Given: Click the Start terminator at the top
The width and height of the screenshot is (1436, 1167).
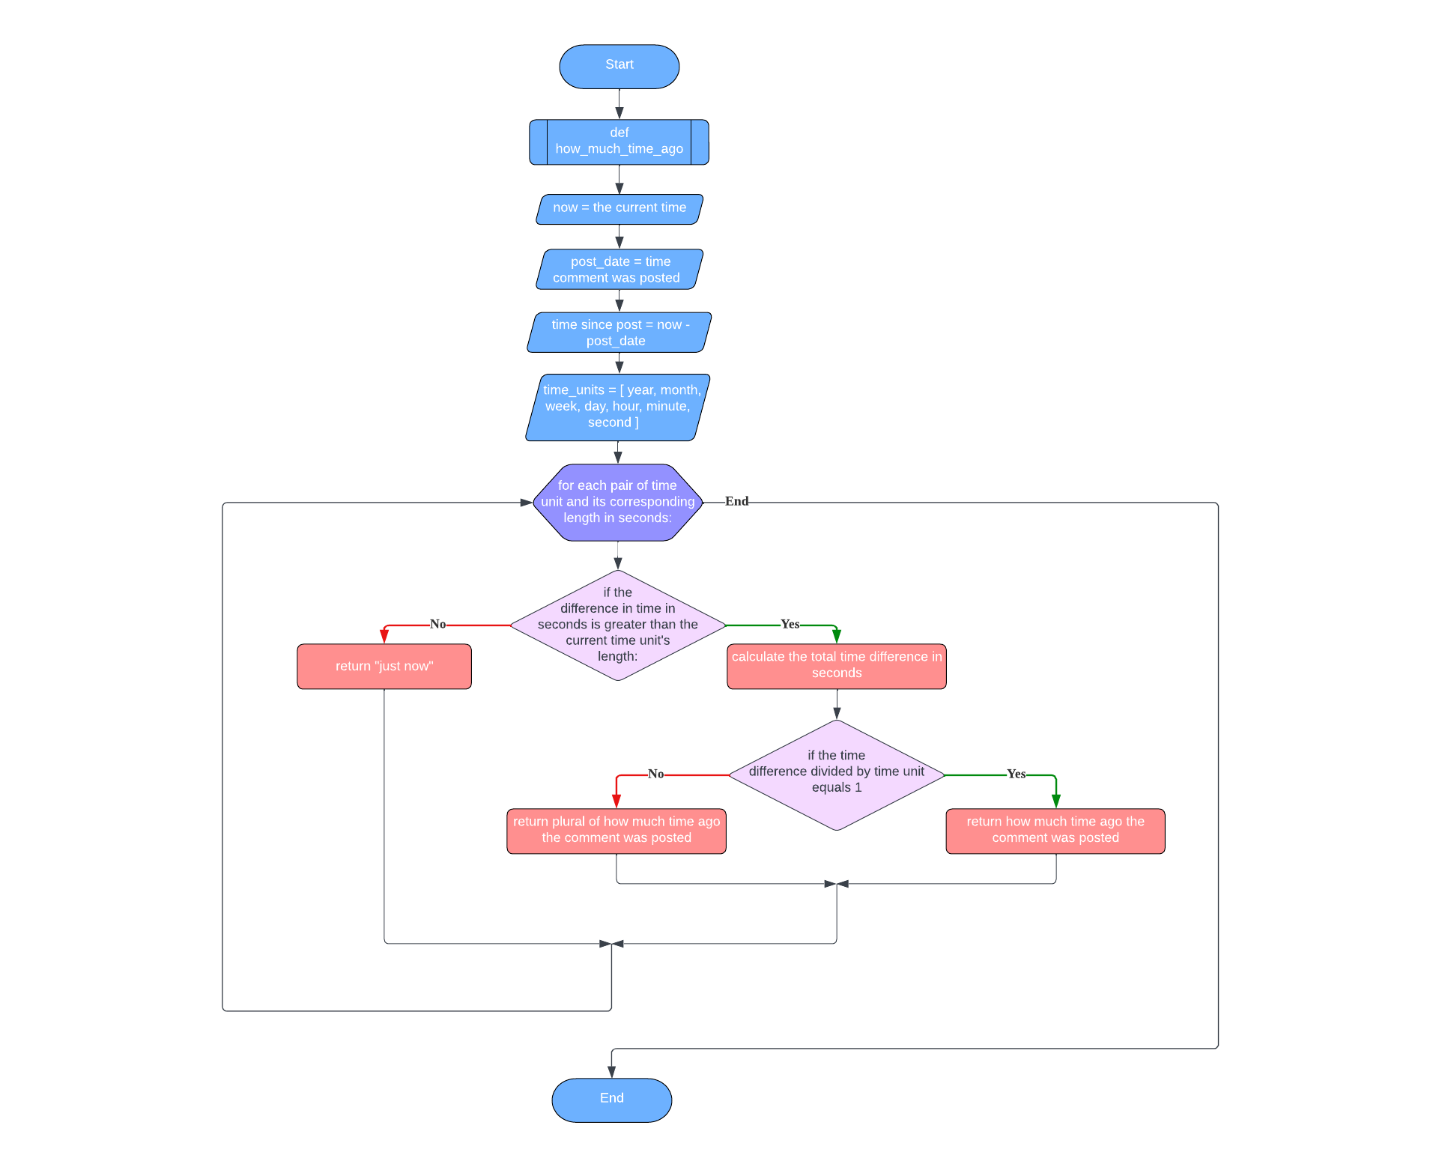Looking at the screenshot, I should coord(619,66).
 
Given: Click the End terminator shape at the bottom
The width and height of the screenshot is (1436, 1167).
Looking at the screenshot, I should coord(611,1099).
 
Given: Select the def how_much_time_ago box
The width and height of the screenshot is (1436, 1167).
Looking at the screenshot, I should coord(619,142).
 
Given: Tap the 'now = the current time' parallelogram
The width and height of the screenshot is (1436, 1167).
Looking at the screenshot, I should coord(619,208).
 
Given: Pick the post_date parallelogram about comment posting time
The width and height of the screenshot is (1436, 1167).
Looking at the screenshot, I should coord(619,270).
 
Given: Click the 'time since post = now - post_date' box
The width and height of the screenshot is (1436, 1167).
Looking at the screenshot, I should coord(619,333).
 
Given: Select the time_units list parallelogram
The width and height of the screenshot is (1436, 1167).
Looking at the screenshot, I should coord(619,407).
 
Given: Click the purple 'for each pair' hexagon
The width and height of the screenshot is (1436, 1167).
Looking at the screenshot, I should coord(617,502).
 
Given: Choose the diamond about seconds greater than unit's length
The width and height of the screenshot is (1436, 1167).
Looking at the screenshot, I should coord(617,625).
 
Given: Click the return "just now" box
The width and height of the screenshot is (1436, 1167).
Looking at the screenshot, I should coord(384,666).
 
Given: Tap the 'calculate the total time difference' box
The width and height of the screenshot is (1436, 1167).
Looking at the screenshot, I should coord(836,665).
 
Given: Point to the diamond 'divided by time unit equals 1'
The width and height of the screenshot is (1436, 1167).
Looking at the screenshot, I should coord(836,774).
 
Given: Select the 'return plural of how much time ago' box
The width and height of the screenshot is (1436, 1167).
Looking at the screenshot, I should coord(616,830).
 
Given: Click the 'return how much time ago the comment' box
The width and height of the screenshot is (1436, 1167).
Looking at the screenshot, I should coord(1055,830).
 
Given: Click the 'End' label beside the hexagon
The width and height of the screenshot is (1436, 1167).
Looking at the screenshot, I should coord(736,501).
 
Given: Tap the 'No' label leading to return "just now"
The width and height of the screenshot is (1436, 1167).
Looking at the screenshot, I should coord(437,624).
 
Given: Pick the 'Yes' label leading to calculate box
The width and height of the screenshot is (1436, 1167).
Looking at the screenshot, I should coord(790,624).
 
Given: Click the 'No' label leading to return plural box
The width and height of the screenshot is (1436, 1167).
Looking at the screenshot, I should coord(655,774).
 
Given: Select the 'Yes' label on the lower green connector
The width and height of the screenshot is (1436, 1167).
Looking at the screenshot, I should coord(1016,774).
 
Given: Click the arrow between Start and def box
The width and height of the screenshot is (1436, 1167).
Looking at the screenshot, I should coord(619,104).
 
